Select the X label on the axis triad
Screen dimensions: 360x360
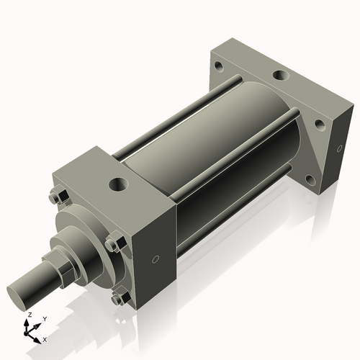(45, 338)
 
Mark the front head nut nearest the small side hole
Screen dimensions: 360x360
(112, 245)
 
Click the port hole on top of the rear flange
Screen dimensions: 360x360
(278, 75)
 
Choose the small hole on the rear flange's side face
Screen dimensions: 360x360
(336, 149)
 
